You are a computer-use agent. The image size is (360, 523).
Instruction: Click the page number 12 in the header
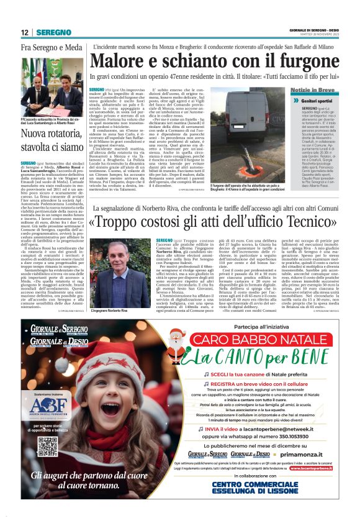point(25,32)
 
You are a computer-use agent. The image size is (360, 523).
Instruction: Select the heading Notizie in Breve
point(311,90)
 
